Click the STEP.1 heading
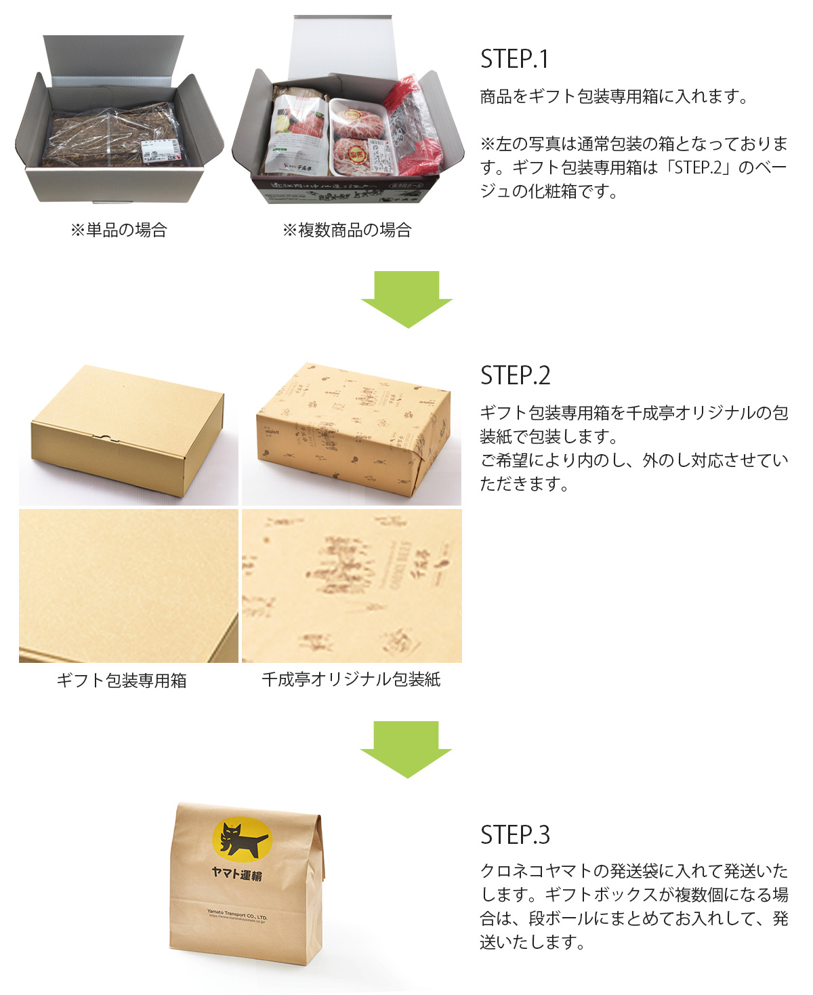514,59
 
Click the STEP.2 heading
515,375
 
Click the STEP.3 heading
515,835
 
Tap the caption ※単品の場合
119,230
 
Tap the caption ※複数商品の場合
347,230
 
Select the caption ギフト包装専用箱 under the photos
121,681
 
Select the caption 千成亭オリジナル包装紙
351,680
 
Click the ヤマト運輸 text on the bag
236,874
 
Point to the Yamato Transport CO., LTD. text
237,915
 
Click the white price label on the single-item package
161,151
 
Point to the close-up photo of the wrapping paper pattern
352,586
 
